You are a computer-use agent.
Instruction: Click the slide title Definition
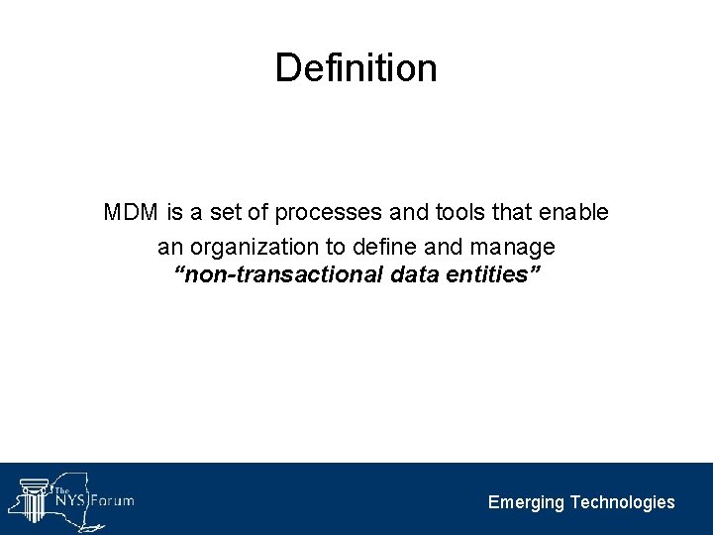coord(356,67)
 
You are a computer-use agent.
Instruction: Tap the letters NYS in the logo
coord(70,500)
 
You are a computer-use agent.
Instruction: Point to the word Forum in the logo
coord(112,500)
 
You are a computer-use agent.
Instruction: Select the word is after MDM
coord(173,213)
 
